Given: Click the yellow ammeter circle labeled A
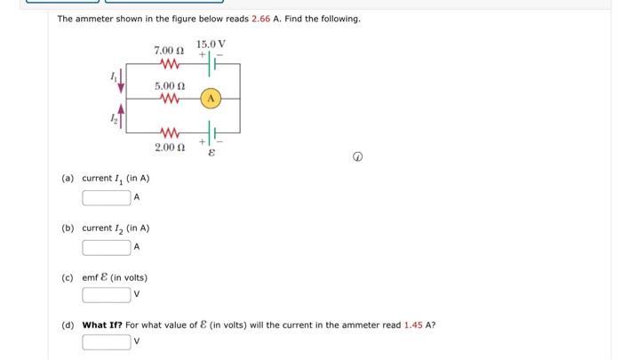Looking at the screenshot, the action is pyautogui.click(x=211, y=99).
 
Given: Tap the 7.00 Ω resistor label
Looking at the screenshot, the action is pyautogui.click(x=169, y=51).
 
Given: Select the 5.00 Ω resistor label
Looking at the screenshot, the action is pyautogui.click(x=170, y=86).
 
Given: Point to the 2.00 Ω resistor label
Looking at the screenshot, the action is pyautogui.click(x=170, y=148).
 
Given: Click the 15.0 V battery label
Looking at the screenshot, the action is pyautogui.click(x=211, y=44).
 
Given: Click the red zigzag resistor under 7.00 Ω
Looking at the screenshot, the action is pyautogui.click(x=170, y=63).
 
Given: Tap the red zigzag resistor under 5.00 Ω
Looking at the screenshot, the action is pyautogui.click(x=170, y=99).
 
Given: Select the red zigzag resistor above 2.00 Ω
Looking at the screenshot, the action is pyautogui.click(x=170, y=132).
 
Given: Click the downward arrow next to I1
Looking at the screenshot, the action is pyautogui.click(x=122, y=82).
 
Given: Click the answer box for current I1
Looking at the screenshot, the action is pyautogui.click(x=107, y=197).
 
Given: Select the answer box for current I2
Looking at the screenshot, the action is pyautogui.click(x=107, y=248).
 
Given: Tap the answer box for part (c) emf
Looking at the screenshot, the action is pyautogui.click(x=107, y=295).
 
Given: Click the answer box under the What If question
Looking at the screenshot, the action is pyautogui.click(x=107, y=342).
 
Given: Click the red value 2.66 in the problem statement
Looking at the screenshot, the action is pyautogui.click(x=260, y=19).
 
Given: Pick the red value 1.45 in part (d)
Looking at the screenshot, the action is pyautogui.click(x=413, y=325).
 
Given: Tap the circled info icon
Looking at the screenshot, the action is pyautogui.click(x=357, y=157).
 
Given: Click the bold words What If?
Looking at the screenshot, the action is pyautogui.click(x=102, y=325).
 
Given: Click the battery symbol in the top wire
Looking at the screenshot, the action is pyautogui.click(x=211, y=63).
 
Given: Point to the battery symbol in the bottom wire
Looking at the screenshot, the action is pyautogui.click(x=211, y=132).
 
